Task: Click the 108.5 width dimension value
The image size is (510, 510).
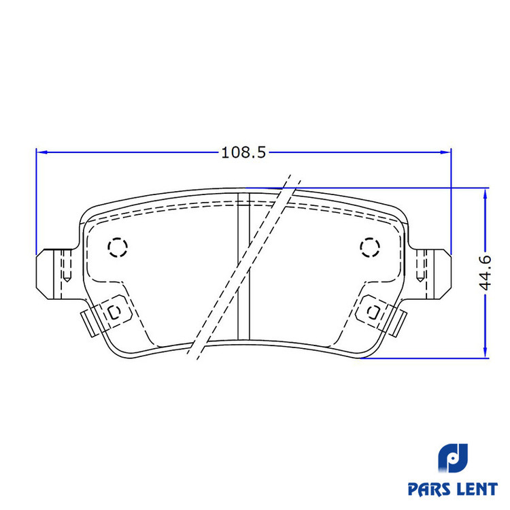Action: (x=243, y=152)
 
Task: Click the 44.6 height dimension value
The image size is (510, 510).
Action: (x=486, y=273)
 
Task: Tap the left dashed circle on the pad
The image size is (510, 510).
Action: (x=118, y=248)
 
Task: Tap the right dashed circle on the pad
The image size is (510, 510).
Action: (x=370, y=248)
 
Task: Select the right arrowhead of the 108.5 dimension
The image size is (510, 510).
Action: (x=445, y=152)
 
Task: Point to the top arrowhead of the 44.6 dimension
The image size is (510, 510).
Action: (x=486, y=194)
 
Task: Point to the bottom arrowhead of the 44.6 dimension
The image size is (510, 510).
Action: (x=486, y=352)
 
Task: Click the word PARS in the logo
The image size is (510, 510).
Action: (x=428, y=489)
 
